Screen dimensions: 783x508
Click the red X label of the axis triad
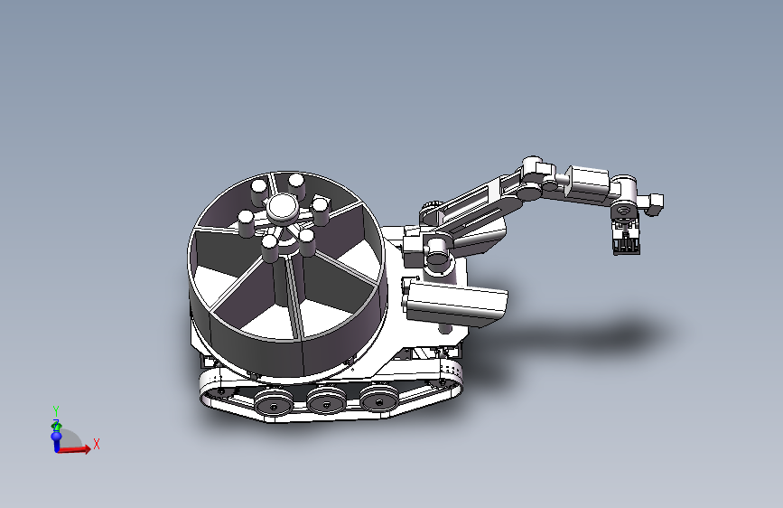click(x=97, y=444)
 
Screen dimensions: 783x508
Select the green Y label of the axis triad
click(x=56, y=410)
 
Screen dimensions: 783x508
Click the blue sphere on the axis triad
click(x=56, y=436)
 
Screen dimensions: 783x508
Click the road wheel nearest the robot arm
click(x=379, y=398)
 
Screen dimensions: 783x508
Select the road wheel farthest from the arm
click(x=273, y=402)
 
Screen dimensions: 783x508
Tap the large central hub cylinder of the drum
click(x=282, y=208)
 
